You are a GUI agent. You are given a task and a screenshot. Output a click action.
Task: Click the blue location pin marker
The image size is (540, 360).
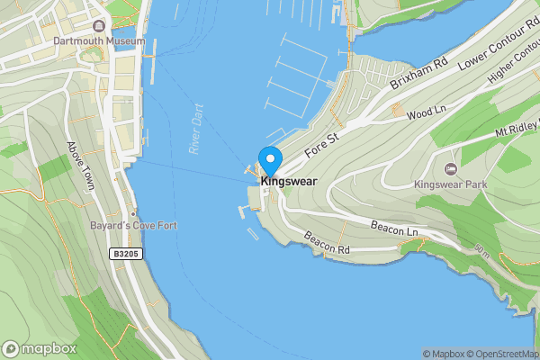coord(269,162)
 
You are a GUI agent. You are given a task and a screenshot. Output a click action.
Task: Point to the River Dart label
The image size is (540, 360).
coord(195,129)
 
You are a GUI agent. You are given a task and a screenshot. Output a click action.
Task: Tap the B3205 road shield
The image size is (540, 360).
coord(126,255)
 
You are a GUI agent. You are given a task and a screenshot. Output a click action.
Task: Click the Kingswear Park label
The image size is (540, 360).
coord(450,184)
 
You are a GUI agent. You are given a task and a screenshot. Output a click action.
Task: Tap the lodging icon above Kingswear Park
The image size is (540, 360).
coord(451,168)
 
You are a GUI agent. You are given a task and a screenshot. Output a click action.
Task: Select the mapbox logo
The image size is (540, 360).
coord(40,348)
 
